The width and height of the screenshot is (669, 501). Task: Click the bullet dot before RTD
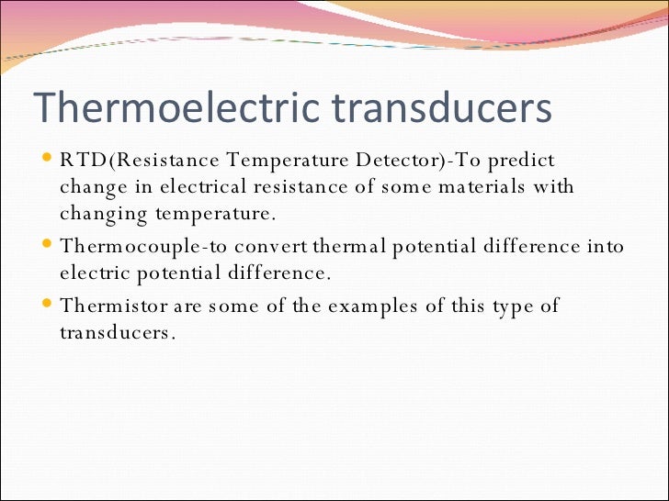coord(49,159)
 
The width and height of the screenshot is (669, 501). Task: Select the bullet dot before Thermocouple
coord(49,245)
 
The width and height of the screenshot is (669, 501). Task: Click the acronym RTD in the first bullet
coord(79,161)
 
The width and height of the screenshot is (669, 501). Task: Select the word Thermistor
coord(104,306)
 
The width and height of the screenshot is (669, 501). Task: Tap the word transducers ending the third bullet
coord(117,333)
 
